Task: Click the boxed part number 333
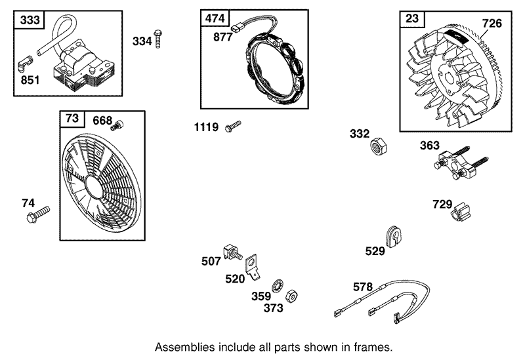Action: [30, 20]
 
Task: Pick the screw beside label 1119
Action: [233, 126]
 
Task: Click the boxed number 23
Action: [411, 20]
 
